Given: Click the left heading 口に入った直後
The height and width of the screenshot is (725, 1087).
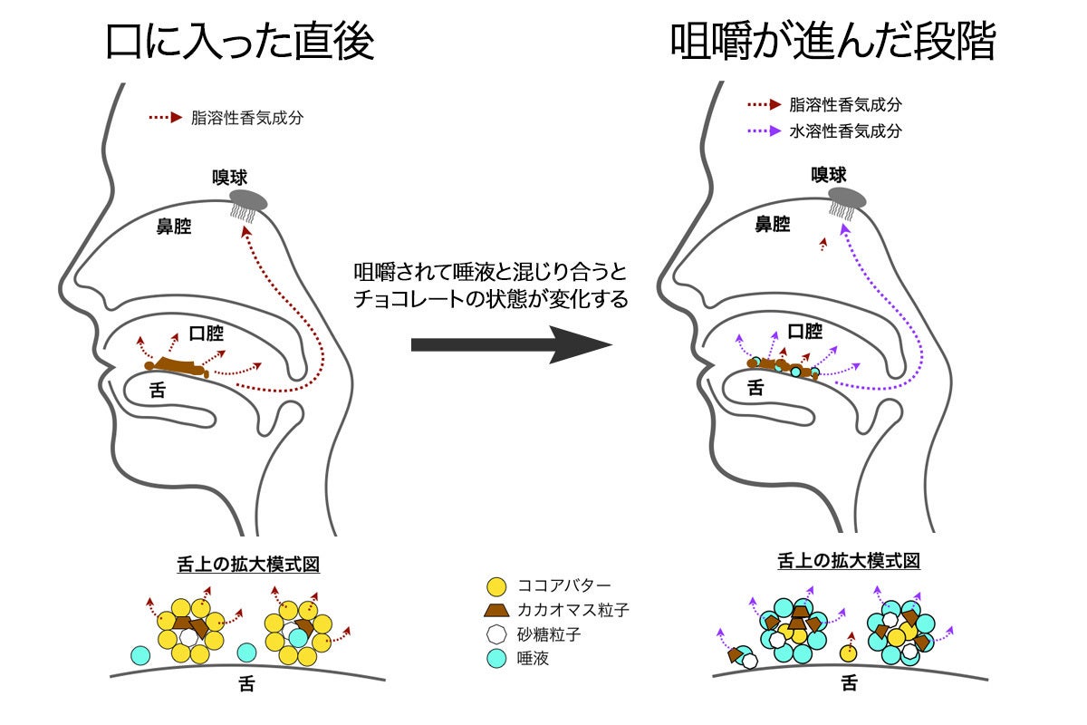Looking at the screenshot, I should tap(239, 40).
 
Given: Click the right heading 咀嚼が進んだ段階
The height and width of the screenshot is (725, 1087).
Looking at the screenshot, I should tap(832, 40).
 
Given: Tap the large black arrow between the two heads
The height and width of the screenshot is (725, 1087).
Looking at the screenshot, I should tap(508, 344).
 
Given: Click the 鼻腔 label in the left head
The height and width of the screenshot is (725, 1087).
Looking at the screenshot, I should tap(174, 227).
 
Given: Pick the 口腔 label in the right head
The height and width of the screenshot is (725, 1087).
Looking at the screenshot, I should tap(805, 332).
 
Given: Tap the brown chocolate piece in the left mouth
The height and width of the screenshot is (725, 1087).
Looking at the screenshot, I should tap(180, 367).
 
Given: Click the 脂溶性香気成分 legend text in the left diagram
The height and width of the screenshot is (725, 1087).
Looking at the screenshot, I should tap(247, 117).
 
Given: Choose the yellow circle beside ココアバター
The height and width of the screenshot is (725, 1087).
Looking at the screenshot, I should tap(495, 586).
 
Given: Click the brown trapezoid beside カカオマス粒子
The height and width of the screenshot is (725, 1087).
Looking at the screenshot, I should tap(495, 611).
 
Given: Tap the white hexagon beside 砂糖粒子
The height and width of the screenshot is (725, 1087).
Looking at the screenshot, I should tap(495, 634).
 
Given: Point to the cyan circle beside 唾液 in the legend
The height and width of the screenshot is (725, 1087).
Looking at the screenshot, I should tap(495, 659).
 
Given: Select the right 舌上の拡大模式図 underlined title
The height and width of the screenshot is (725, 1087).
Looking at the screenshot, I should tap(849, 561).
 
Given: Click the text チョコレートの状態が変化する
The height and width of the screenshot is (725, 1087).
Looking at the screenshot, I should tap(490, 300).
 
